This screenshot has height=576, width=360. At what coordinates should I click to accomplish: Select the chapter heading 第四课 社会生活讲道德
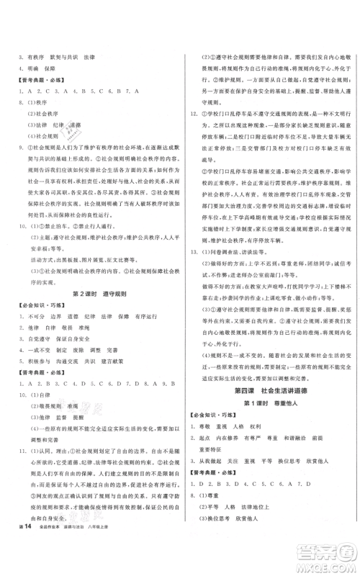[269, 390]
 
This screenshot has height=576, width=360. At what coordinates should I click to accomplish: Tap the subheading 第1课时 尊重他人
[269, 404]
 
